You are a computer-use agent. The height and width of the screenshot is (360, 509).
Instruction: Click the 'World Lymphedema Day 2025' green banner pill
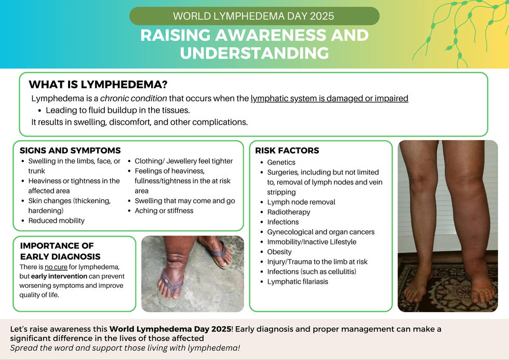click(254, 16)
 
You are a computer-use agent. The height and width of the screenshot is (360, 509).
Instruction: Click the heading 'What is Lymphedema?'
click(98, 84)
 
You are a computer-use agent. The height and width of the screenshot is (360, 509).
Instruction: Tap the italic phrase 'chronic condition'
click(133, 98)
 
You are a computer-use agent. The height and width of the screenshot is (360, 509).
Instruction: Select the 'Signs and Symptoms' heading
click(70, 151)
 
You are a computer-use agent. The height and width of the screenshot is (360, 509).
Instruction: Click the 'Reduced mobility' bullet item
click(56, 221)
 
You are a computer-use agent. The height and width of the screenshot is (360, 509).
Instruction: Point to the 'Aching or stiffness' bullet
click(164, 211)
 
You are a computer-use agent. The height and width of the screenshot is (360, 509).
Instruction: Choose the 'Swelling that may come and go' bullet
click(185, 201)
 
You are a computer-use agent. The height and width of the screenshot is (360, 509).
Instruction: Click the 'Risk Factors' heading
click(287, 151)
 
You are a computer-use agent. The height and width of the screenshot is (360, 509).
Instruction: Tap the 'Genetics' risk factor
click(281, 162)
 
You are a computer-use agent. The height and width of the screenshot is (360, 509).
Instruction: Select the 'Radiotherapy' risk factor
click(289, 212)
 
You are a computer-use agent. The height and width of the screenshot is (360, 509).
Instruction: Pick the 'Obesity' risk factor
click(279, 252)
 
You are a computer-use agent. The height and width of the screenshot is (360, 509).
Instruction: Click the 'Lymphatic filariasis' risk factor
click(297, 282)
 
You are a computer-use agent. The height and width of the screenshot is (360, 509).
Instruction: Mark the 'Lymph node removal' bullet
click(301, 202)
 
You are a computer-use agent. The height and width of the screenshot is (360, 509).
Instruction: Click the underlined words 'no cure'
click(56, 267)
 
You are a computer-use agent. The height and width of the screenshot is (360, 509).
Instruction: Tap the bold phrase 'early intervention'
click(59, 276)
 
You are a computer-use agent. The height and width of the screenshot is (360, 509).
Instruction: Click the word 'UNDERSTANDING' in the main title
click(254, 53)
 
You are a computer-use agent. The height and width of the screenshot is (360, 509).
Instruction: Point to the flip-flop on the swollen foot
click(172, 283)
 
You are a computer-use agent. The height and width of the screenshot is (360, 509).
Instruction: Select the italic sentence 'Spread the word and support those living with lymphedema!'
click(125, 348)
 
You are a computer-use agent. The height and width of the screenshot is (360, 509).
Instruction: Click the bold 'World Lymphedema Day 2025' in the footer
click(170, 329)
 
